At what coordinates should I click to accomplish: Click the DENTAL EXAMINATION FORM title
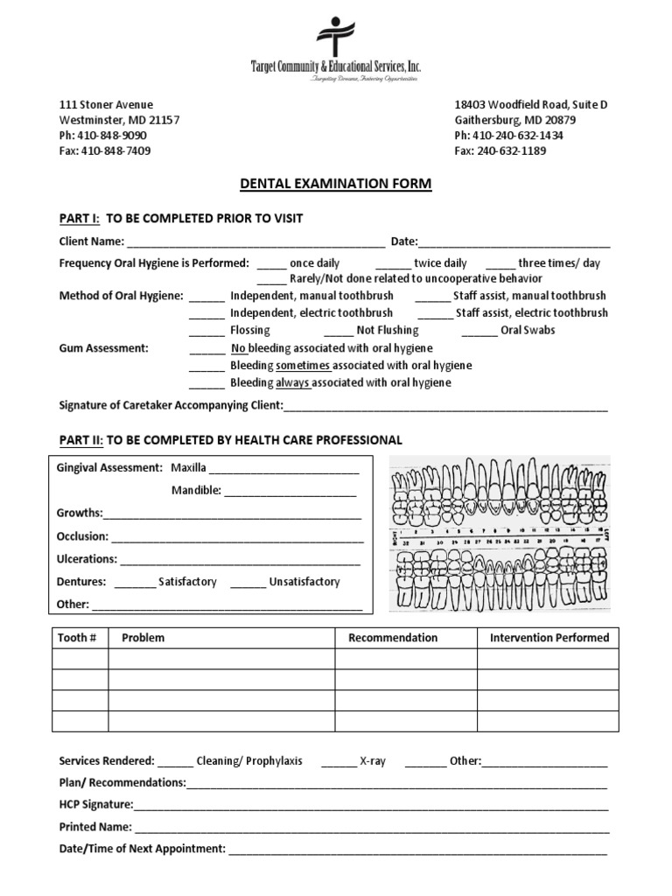click(335, 184)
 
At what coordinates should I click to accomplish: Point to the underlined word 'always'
click(293, 383)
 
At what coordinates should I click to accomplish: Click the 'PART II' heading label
click(80, 439)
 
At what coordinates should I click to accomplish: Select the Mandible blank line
click(290, 492)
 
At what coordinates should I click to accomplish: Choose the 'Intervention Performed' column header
click(549, 638)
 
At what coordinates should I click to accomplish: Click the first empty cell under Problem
click(220, 659)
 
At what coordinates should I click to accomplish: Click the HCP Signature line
click(371, 805)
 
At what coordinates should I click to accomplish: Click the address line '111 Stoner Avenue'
click(106, 104)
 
